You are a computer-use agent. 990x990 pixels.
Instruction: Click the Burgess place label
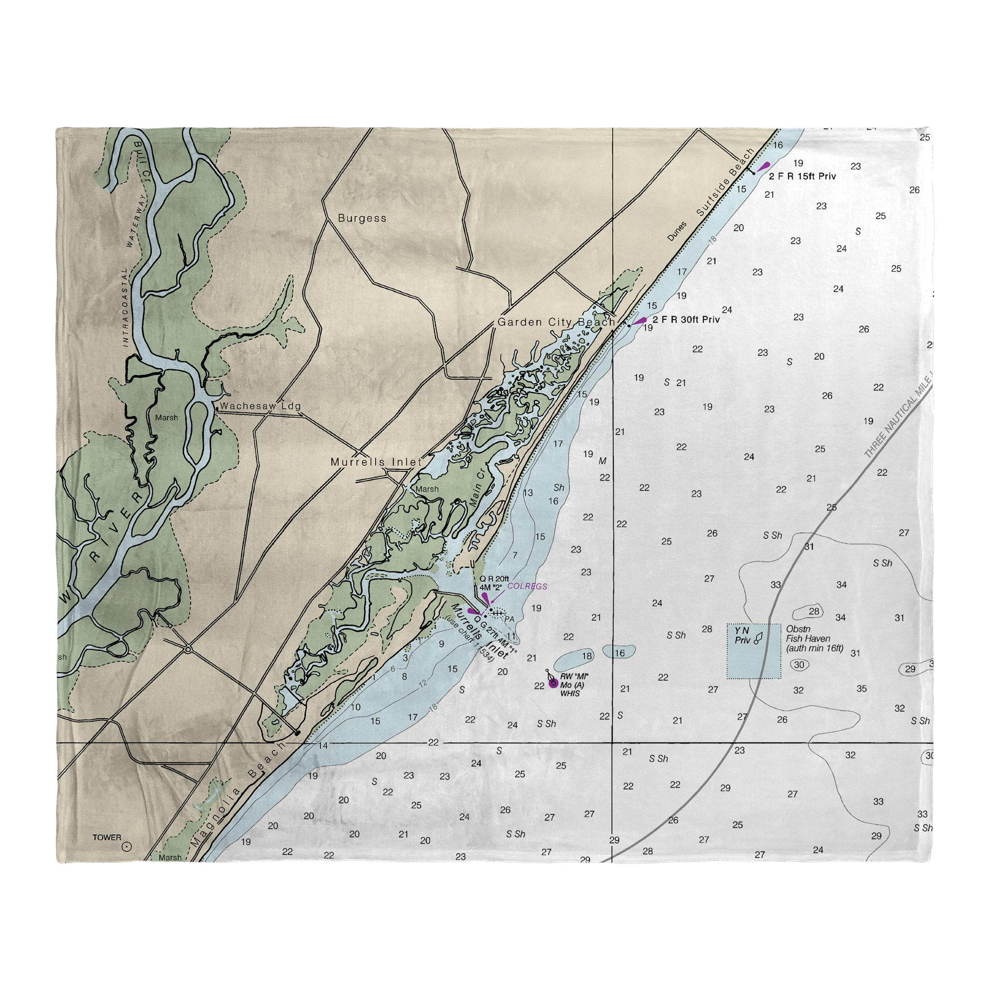pyautogui.click(x=362, y=218)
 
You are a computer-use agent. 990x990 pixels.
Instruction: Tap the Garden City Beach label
pyautogui.click(x=556, y=322)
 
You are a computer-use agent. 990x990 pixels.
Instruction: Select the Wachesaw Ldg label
pyautogui.click(x=260, y=406)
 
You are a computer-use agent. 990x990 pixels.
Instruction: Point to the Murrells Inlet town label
pyautogui.click(x=376, y=462)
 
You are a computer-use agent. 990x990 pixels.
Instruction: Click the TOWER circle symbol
pyautogui.click(x=127, y=847)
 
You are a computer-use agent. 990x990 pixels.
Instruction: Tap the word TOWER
pyautogui.click(x=106, y=838)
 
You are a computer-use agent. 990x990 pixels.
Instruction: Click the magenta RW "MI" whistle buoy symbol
pyautogui.click(x=553, y=683)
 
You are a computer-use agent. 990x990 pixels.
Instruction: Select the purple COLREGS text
pyautogui.click(x=527, y=586)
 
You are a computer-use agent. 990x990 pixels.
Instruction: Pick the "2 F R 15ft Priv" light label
pyautogui.click(x=802, y=176)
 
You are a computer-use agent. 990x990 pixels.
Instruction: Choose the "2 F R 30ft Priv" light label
pyautogui.click(x=686, y=320)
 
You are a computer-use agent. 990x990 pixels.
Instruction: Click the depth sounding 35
pyautogui.click(x=861, y=689)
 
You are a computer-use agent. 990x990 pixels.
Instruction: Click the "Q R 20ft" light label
pyautogui.click(x=494, y=579)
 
